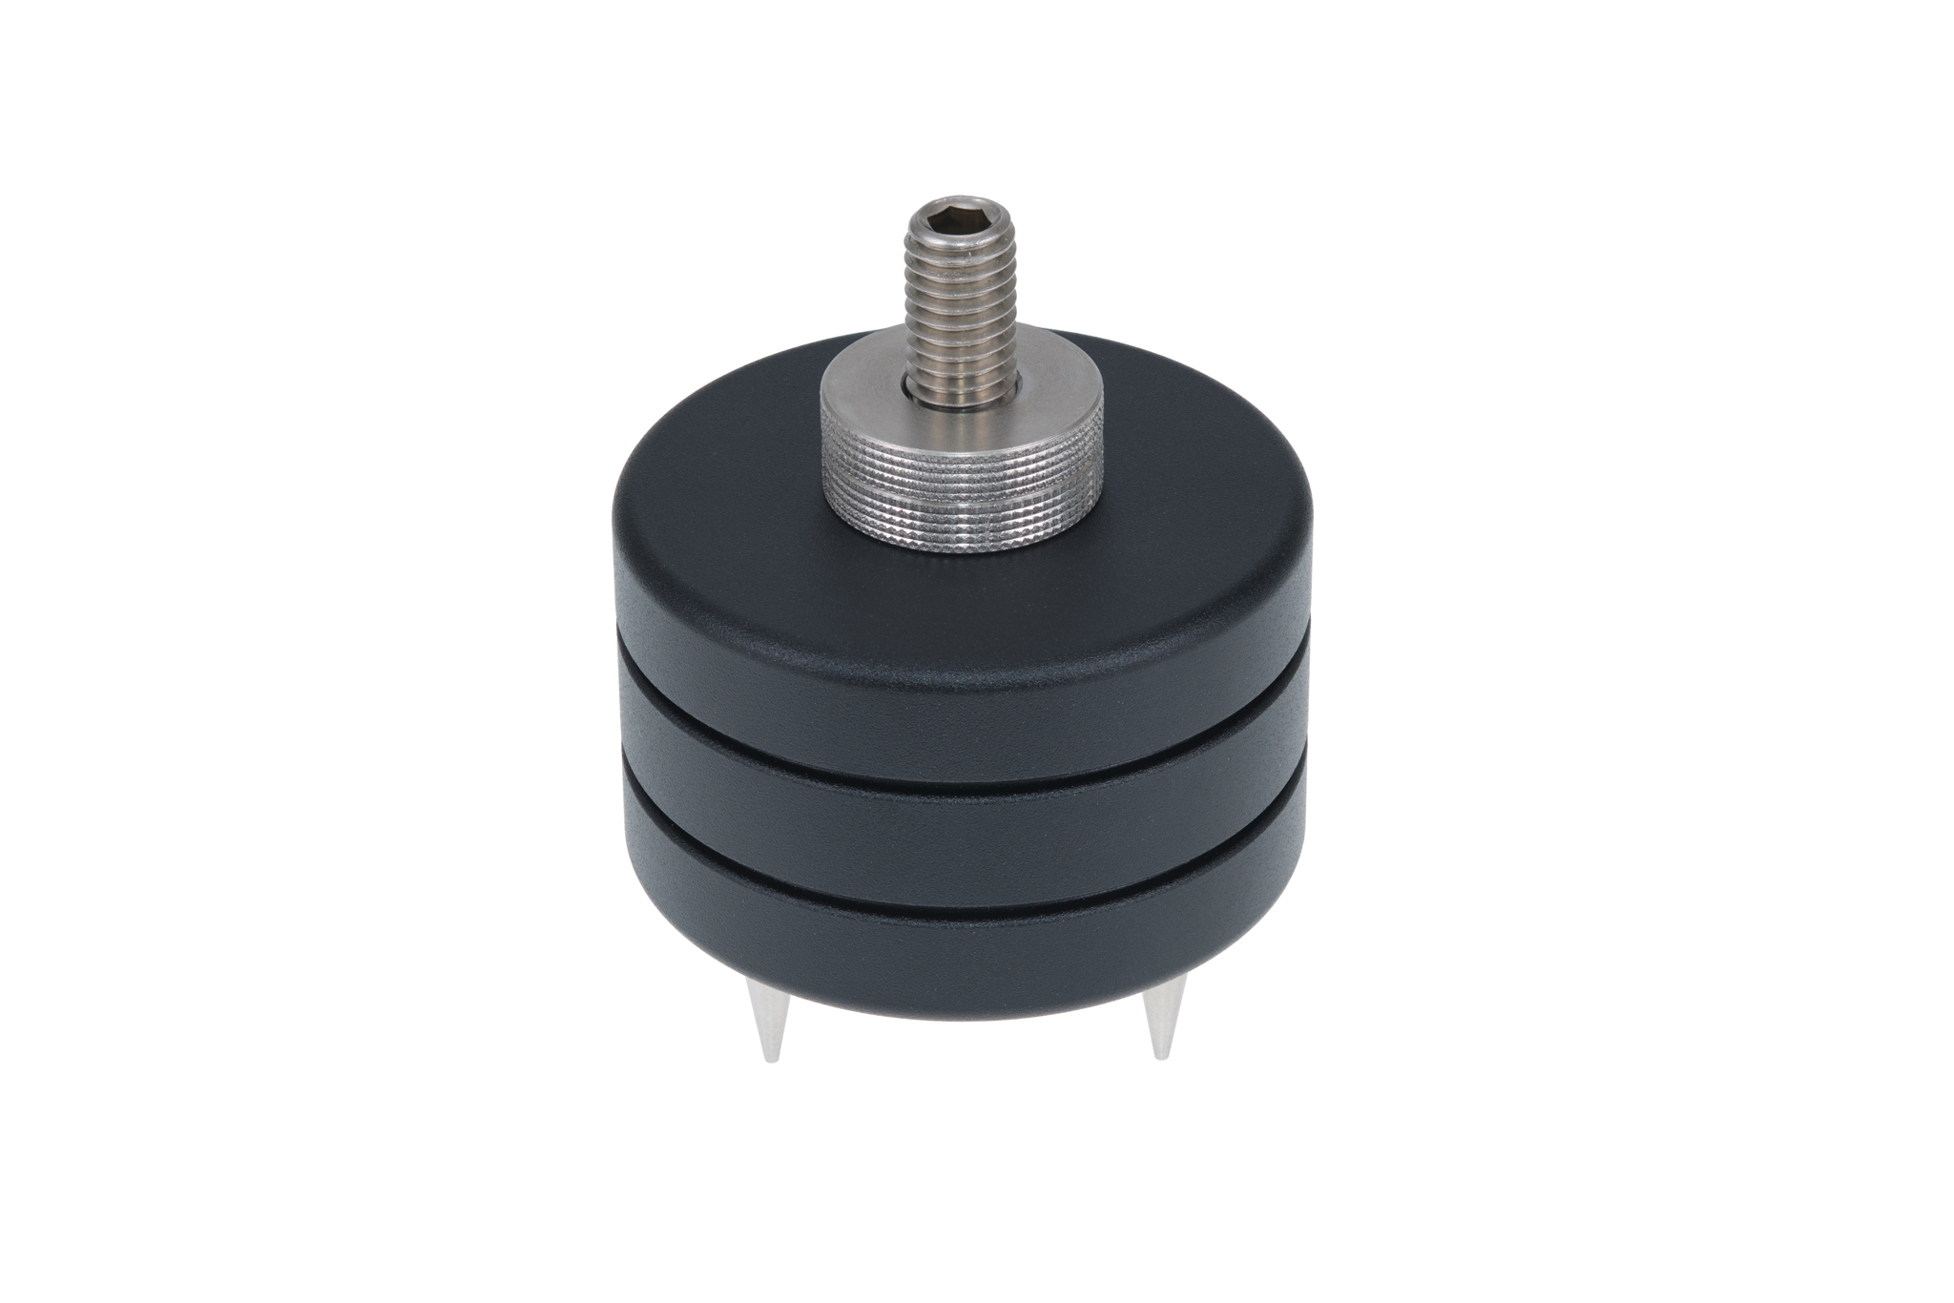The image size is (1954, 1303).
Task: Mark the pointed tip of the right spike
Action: coord(1160,1056)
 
